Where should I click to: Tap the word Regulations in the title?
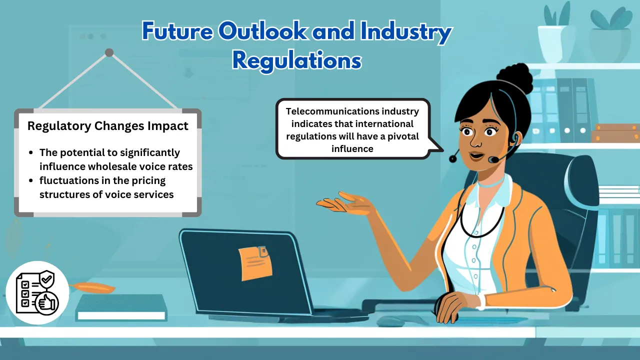[297, 61]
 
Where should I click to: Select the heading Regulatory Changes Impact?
[107, 126]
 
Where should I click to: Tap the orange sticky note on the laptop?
[255, 263]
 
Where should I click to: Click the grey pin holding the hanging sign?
[109, 52]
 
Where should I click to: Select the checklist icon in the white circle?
[37, 292]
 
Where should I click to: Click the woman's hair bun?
[514, 77]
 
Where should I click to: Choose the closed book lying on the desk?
[121, 307]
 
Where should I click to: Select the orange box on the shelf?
[615, 133]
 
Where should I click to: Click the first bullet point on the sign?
[31, 152]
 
